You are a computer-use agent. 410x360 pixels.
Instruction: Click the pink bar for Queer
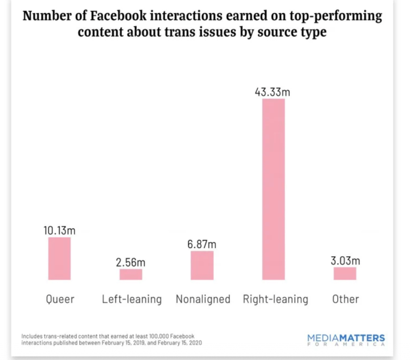(59, 259)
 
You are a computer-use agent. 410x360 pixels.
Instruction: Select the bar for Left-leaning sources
(131, 274)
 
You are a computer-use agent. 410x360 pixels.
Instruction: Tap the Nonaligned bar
(202, 265)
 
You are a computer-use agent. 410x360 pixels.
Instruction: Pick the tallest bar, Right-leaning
(274, 189)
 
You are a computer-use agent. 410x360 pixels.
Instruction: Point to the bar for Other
(345, 274)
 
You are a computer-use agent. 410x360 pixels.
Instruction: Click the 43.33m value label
(272, 92)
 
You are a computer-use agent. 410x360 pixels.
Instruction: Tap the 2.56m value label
(131, 263)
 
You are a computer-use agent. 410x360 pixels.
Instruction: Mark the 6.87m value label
(202, 244)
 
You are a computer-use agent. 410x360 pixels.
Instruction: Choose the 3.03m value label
(345, 261)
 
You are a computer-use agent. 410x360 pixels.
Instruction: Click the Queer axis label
(60, 299)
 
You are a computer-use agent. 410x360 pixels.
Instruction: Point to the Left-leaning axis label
(132, 299)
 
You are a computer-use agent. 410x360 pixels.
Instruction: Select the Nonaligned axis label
(203, 299)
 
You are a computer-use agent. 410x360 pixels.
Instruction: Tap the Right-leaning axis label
(276, 299)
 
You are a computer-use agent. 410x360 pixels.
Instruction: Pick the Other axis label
(346, 299)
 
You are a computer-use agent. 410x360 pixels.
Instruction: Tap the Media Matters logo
(346, 340)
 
